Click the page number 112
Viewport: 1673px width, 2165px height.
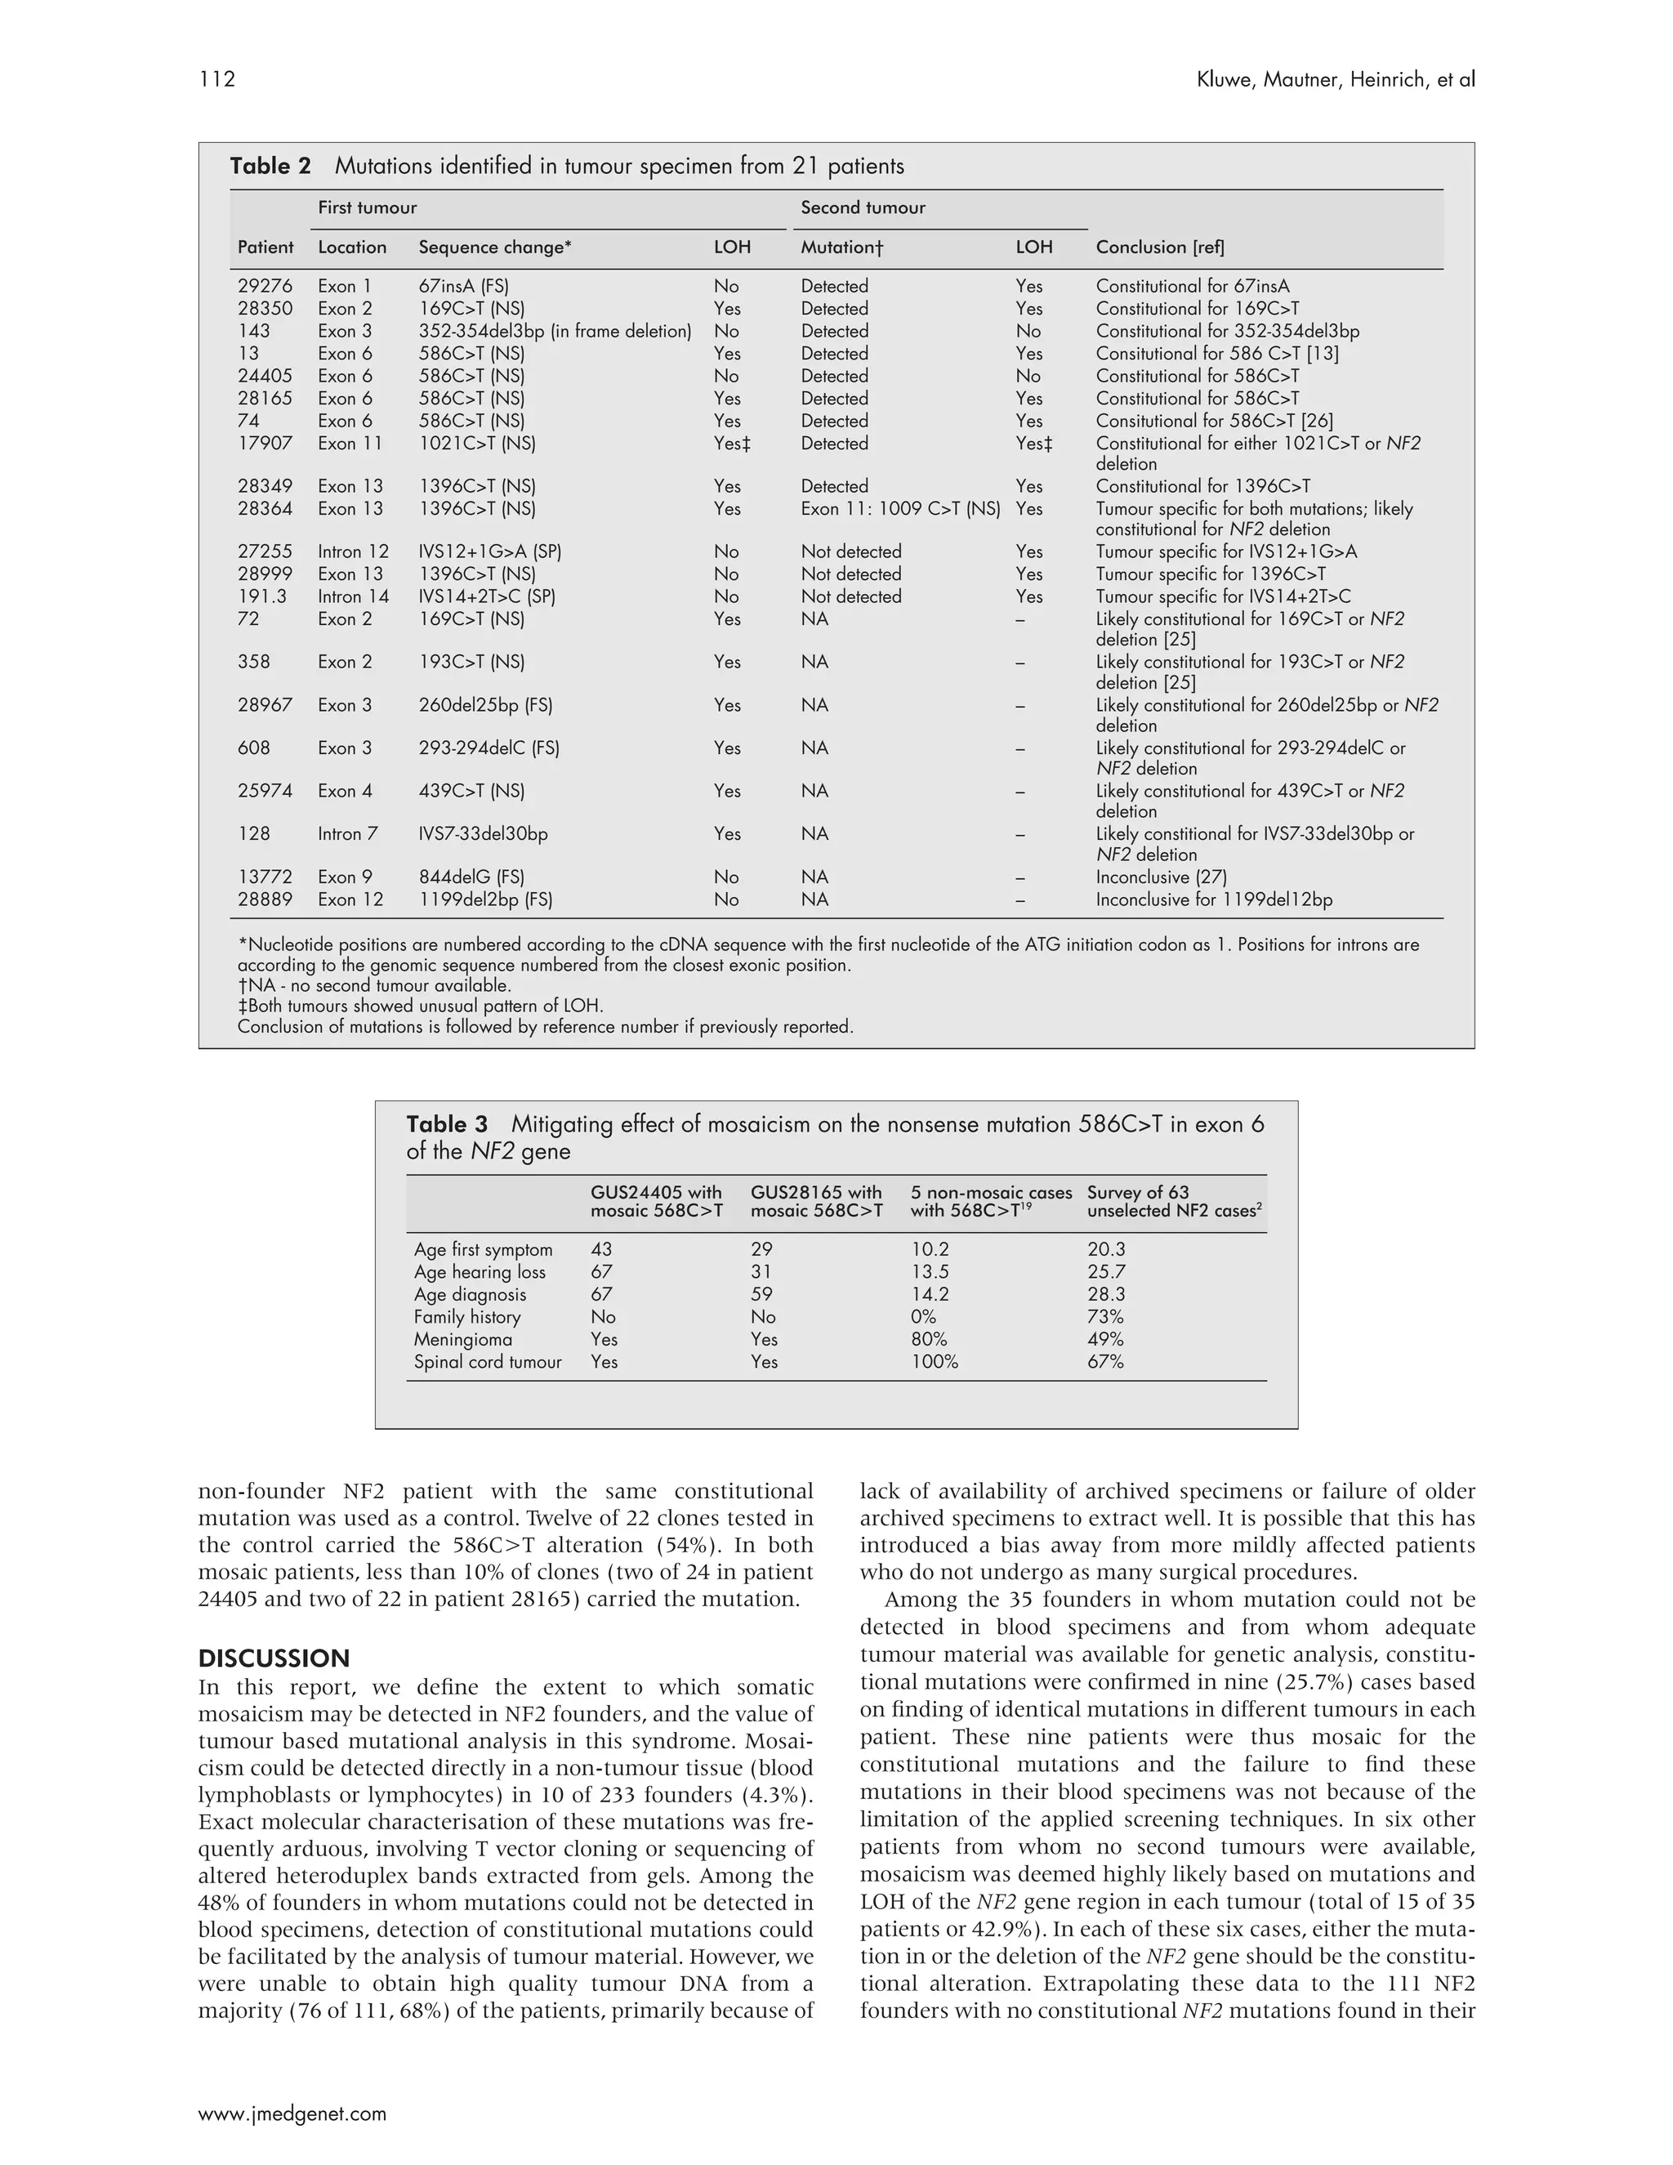click(x=217, y=79)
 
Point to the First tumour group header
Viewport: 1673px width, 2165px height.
click(x=367, y=208)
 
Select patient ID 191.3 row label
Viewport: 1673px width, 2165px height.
click(x=261, y=596)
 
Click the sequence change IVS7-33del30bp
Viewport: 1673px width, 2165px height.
click(x=483, y=833)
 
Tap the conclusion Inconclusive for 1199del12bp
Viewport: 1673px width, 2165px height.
click(x=1213, y=900)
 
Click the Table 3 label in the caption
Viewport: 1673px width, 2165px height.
click(x=447, y=1124)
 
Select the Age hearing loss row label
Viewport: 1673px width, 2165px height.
click(x=479, y=1272)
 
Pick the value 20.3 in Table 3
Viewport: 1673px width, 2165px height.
click(x=1106, y=1250)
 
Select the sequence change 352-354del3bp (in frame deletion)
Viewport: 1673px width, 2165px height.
click(x=554, y=331)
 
